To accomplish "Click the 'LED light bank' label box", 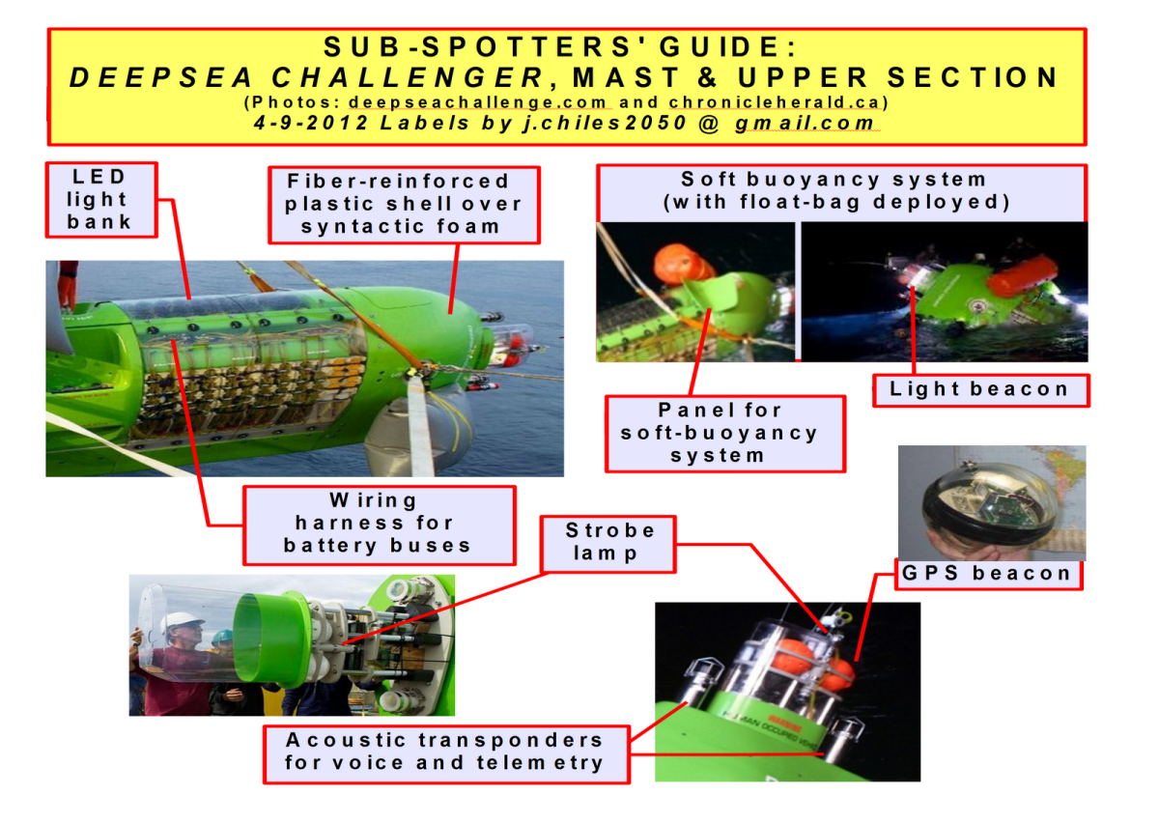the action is point(102,200).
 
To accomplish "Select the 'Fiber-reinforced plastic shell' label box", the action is point(405,205).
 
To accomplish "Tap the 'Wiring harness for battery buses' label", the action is point(380,526).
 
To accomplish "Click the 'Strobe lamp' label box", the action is point(608,544).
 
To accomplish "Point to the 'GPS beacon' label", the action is point(989,575).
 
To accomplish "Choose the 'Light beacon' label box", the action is point(981,390).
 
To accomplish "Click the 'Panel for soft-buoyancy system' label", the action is point(725,434).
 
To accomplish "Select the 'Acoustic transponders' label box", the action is point(446,754).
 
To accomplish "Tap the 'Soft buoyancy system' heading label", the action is point(841,192).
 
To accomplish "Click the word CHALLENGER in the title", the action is point(408,77).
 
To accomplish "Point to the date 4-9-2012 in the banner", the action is point(311,124).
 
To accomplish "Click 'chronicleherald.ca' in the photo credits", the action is point(774,102).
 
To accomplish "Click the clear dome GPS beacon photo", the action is point(991,502).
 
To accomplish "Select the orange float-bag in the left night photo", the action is point(683,266).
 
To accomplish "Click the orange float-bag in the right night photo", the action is point(1022,277).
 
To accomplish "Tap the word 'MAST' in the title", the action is point(627,77).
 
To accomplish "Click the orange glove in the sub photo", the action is point(68,284).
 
